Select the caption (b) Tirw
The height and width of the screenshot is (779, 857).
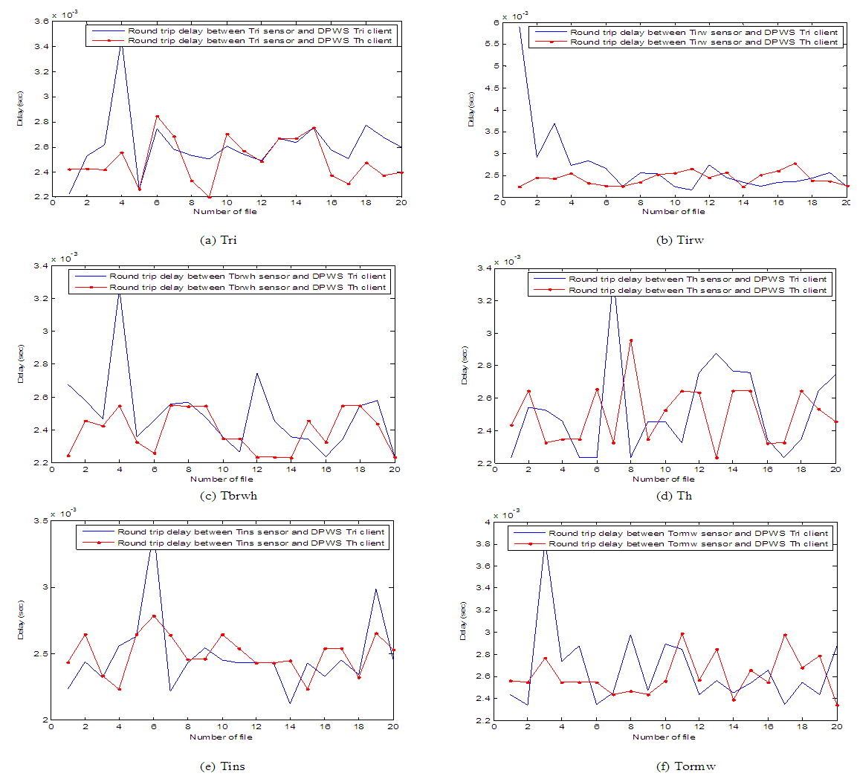(x=673, y=239)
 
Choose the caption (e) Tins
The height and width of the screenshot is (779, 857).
(x=222, y=766)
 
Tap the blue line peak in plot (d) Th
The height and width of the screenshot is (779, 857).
(x=614, y=291)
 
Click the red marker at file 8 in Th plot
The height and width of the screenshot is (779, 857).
(x=631, y=340)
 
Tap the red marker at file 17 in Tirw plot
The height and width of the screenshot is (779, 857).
(x=795, y=164)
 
